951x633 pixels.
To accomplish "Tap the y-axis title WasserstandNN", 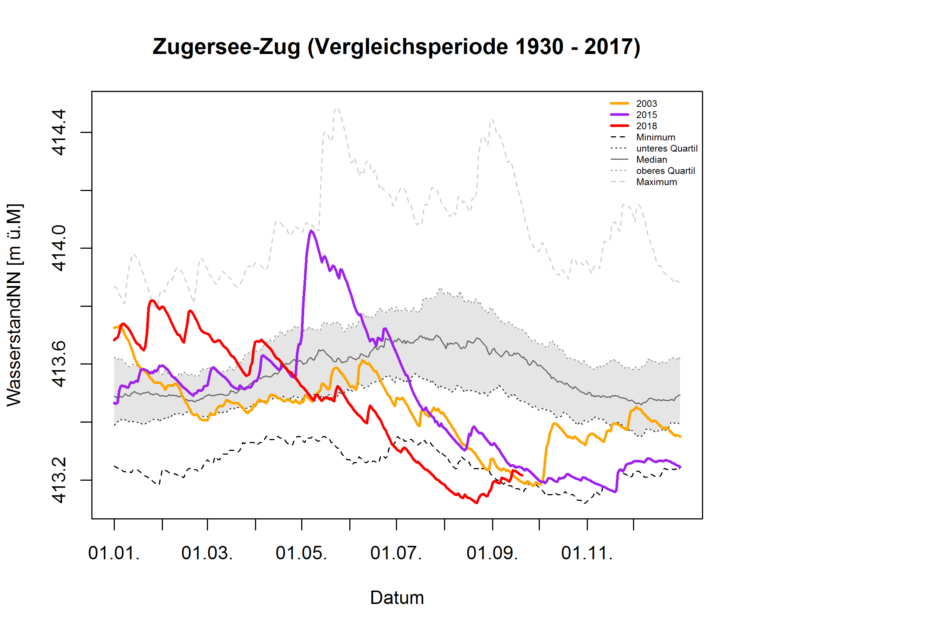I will (x=15, y=305).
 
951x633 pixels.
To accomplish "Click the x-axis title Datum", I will (x=397, y=598).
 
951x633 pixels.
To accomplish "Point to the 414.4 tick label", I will (x=59, y=132).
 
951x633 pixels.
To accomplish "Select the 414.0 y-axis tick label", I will (x=59, y=248).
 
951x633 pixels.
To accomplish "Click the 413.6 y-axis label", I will (x=59, y=364).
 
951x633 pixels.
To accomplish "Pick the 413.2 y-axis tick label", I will (x=59, y=480).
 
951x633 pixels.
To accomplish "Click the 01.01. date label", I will (x=114, y=553).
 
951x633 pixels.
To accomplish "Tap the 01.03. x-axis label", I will (x=207, y=553).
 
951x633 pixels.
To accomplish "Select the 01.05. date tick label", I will (x=302, y=553).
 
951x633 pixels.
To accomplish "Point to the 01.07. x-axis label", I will (x=396, y=553).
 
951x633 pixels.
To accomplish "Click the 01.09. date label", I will (x=492, y=553).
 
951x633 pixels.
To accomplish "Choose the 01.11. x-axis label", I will (x=587, y=553).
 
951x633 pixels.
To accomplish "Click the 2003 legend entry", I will (x=646, y=104).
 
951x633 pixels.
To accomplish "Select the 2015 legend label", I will (x=646, y=115).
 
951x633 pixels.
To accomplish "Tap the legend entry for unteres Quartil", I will (x=667, y=149).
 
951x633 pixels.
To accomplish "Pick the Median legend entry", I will (x=651, y=160).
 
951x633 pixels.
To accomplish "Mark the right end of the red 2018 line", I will (x=522, y=475).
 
